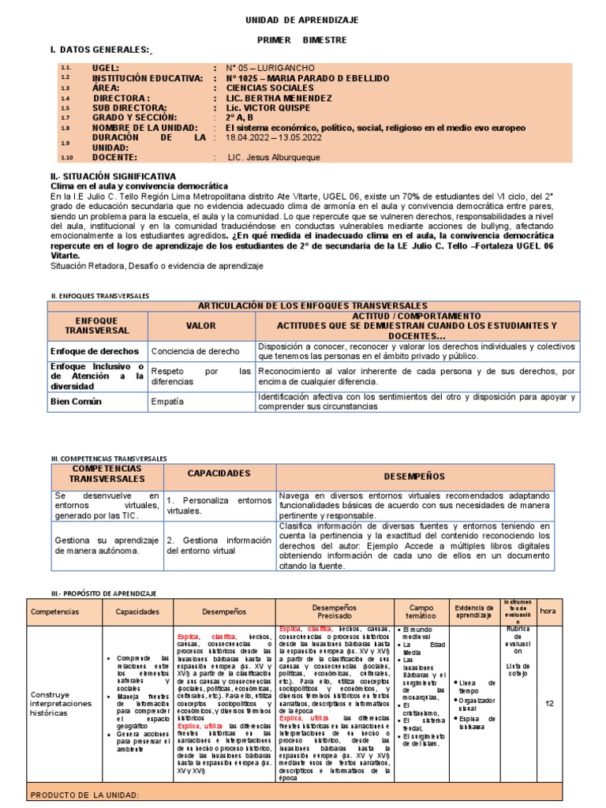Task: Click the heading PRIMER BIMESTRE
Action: [x=302, y=39]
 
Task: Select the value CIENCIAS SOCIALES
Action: [x=269, y=88]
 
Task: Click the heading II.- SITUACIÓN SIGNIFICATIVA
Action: [x=114, y=175]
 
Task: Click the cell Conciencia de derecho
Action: [x=195, y=351]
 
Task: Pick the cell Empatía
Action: [x=166, y=402]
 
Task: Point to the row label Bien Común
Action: [x=78, y=402]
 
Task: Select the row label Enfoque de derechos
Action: [x=95, y=351]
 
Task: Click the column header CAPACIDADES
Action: [x=219, y=473]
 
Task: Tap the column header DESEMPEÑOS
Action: [x=413, y=477]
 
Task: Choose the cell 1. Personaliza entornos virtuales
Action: [x=219, y=505]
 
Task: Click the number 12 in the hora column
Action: [x=550, y=681]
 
